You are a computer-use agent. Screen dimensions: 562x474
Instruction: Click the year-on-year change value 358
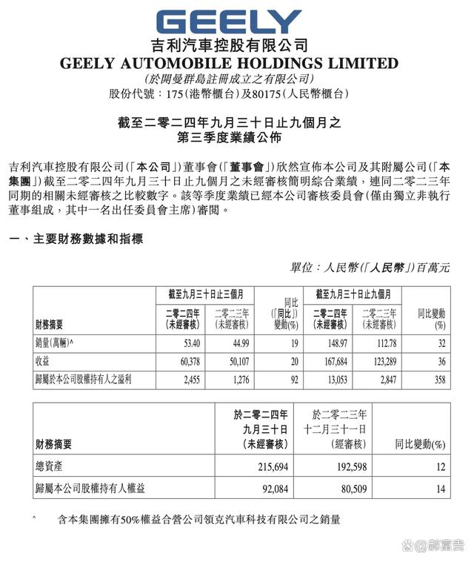click(438, 380)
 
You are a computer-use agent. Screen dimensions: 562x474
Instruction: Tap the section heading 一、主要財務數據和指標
click(75, 239)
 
